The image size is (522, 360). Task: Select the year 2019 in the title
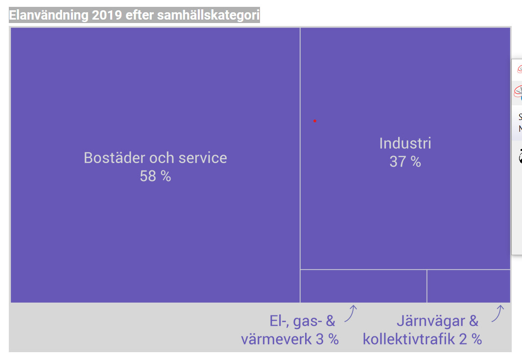click(107, 15)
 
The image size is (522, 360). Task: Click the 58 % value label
click(155, 176)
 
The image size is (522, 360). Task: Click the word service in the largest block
click(203, 158)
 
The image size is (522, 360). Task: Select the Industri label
click(405, 144)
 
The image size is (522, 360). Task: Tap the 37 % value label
click(405, 162)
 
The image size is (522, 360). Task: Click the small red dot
click(315, 121)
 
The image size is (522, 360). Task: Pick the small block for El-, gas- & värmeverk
click(363, 286)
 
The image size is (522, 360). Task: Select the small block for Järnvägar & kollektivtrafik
click(469, 286)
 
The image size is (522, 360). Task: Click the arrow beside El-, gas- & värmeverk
click(351, 313)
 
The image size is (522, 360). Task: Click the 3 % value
click(327, 339)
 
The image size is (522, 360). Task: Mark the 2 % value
click(471, 339)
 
